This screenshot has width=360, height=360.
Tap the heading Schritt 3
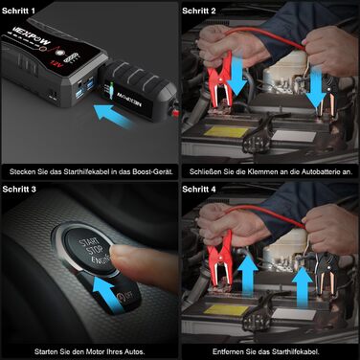tap(22, 190)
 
